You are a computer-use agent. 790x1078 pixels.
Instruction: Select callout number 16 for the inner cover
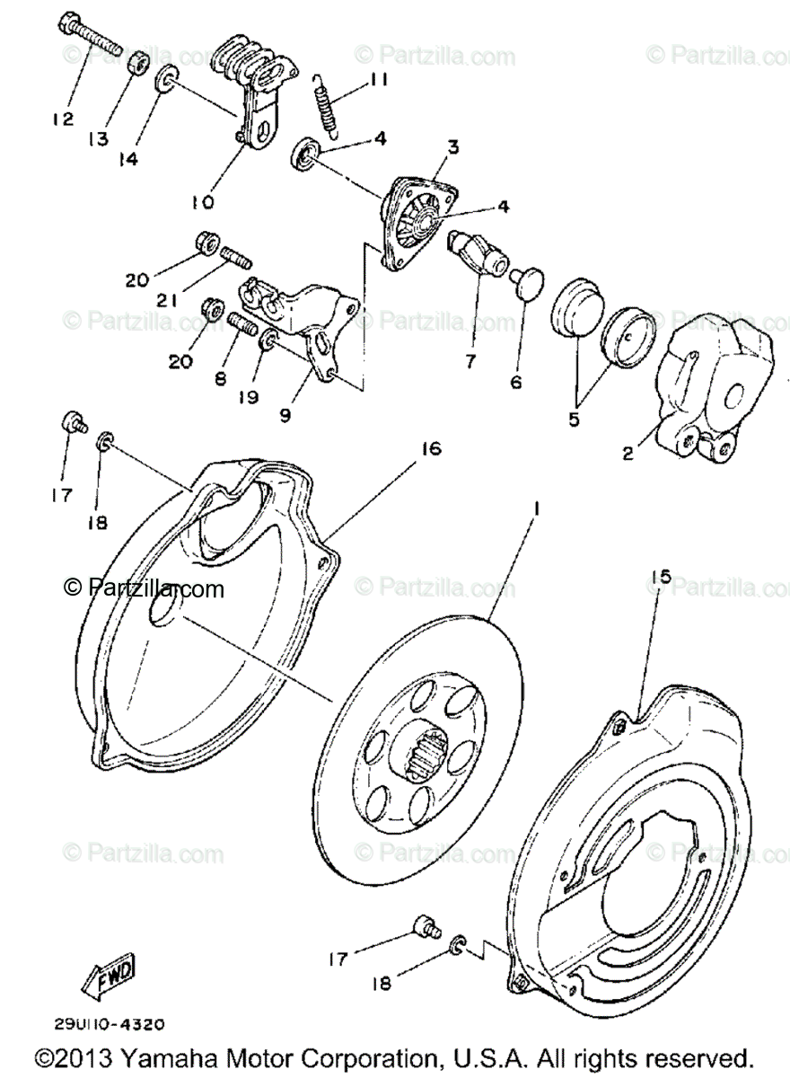coord(432,448)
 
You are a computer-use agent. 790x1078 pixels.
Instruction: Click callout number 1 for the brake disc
coord(536,508)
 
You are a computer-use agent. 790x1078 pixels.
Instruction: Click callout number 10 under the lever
coord(202,203)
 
